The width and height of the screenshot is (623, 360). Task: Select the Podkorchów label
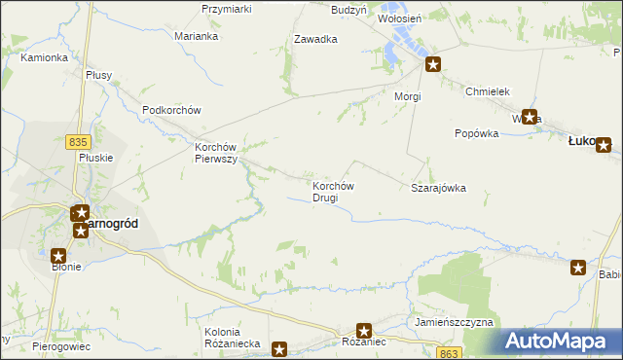click(170, 110)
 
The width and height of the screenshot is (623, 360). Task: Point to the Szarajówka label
click(438, 188)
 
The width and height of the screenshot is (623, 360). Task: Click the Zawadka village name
click(315, 40)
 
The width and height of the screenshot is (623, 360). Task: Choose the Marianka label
click(196, 36)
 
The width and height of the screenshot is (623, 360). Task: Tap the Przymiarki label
click(226, 9)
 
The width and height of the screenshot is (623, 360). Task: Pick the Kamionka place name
click(44, 57)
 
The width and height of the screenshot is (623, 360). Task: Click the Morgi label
click(407, 97)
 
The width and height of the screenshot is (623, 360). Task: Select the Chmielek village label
click(488, 90)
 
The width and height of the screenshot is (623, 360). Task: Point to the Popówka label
click(476, 133)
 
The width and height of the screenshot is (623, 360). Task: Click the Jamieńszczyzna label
click(454, 321)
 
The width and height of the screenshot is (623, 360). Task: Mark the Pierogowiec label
click(60, 345)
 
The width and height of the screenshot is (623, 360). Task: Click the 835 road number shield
click(79, 142)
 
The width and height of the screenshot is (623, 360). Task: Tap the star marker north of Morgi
click(433, 65)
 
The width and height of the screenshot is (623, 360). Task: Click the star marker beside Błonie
click(57, 254)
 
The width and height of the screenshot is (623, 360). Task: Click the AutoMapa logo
click(562, 341)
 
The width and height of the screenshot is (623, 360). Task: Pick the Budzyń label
click(348, 9)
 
